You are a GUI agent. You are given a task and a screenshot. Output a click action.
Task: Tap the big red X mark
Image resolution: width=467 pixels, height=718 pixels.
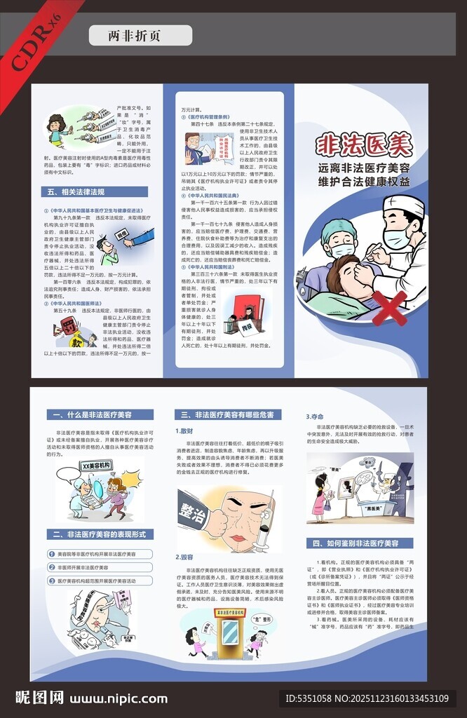tap(389, 307)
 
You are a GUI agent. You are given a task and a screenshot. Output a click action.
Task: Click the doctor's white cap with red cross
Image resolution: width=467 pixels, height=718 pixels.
tap(404, 205)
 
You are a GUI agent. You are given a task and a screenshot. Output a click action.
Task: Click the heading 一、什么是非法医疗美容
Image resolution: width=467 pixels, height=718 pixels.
tap(89, 414)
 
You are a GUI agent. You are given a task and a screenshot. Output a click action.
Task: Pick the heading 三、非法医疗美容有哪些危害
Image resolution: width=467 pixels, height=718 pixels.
tap(227, 414)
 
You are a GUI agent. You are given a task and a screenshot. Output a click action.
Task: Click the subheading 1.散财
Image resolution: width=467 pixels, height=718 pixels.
tap(185, 431)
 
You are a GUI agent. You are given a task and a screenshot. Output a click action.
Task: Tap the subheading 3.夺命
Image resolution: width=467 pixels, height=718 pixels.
tap(314, 416)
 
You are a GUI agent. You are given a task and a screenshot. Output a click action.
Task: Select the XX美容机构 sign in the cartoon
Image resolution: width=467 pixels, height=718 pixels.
tap(97, 466)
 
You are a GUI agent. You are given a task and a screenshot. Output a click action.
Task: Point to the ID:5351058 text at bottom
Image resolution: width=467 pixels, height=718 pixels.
tap(313, 698)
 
